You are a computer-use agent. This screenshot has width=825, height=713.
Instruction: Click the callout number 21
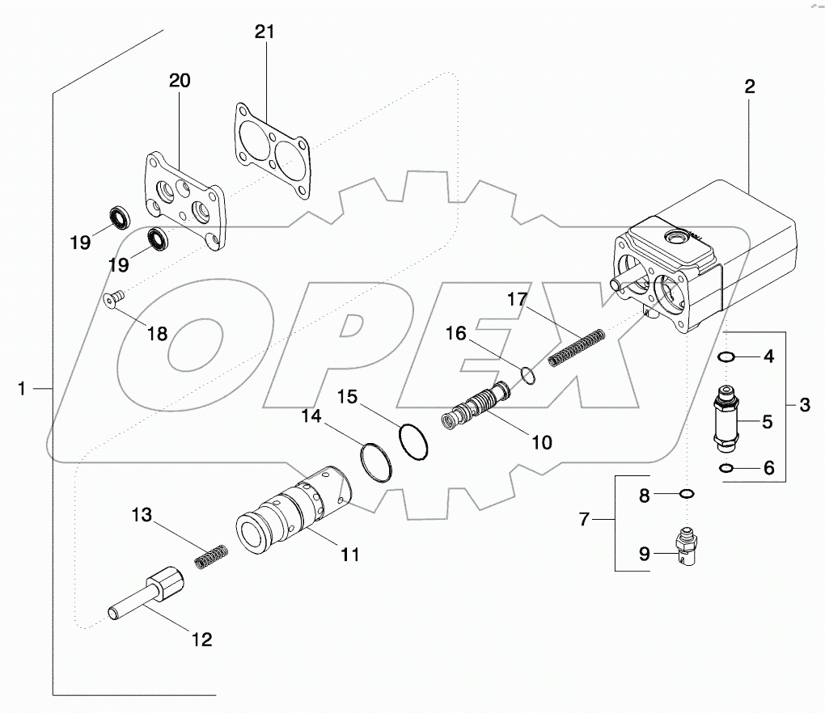[x=264, y=32]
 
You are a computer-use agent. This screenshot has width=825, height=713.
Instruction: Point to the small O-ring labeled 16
[x=527, y=375]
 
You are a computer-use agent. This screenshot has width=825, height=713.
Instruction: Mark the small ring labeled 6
[x=724, y=468]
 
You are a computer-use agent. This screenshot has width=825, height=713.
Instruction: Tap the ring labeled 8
[x=687, y=493]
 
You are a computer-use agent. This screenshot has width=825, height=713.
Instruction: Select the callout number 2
[x=750, y=86]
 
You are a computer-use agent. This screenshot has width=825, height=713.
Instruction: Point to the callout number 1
[x=23, y=389]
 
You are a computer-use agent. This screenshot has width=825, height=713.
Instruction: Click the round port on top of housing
[x=675, y=236]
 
